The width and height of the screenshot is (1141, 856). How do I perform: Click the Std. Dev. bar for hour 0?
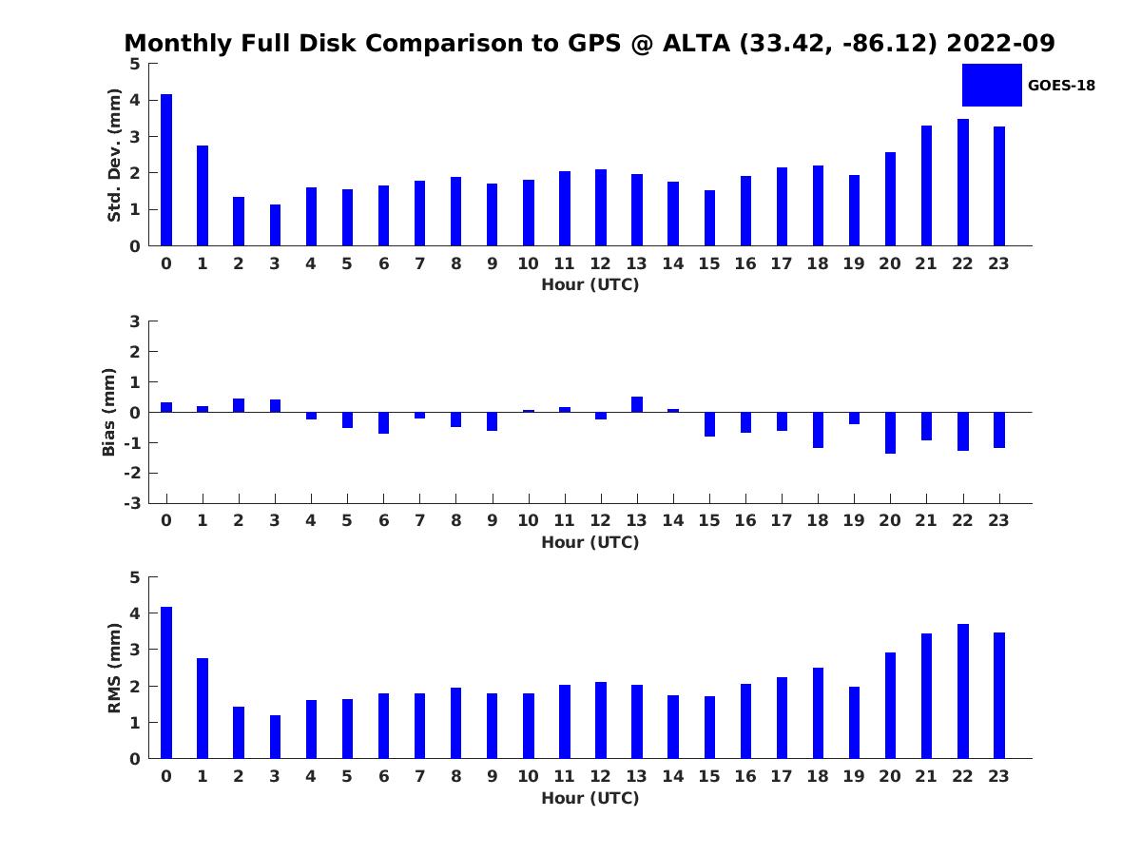tap(166, 170)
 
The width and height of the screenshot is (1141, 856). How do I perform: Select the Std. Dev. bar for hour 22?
tap(963, 183)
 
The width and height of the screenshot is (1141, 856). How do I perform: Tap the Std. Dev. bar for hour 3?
tap(275, 225)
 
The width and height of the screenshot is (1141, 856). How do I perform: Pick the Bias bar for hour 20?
tap(890, 433)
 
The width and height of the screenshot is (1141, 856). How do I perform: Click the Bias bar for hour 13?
tap(637, 404)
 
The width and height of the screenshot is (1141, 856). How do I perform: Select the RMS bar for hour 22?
tap(963, 691)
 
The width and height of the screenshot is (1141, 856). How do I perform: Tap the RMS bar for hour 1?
tap(203, 709)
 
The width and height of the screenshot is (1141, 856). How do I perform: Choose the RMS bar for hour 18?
tap(818, 713)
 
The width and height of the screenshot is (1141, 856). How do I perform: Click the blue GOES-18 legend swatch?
tap(992, 85)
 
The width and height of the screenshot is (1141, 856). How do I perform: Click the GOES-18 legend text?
tap(1061, 86)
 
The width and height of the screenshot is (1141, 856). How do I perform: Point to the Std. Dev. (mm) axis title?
tap(114, 155)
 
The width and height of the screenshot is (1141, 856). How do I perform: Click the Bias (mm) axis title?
tap(109, 412)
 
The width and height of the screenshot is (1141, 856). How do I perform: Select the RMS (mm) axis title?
tap(114, 668)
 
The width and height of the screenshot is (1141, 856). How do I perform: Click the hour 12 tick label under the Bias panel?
tap(600, 520)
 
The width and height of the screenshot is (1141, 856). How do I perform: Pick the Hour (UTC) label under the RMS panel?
tap(590, 798)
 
